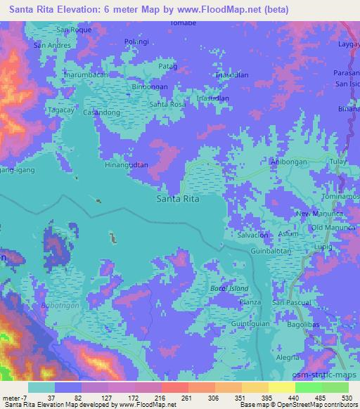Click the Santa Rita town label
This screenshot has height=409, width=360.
177,199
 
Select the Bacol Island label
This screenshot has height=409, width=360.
230,289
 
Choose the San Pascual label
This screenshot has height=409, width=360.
292,302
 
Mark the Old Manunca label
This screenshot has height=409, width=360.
329,227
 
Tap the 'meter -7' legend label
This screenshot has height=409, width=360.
13,398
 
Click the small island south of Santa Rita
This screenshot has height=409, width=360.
112,239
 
